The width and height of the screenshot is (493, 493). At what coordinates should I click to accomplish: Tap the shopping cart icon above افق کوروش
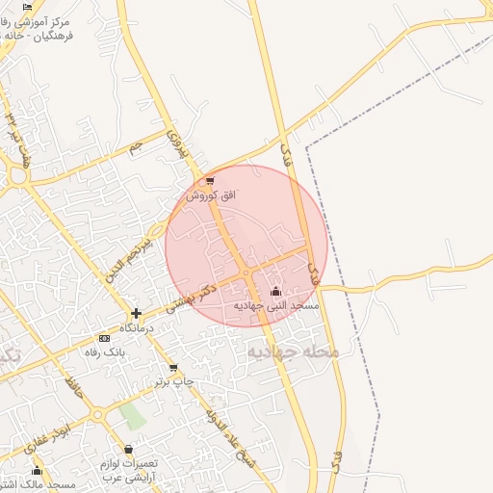[x=210, y=181]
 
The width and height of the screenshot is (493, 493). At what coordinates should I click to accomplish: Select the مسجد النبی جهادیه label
[x=278, y=304]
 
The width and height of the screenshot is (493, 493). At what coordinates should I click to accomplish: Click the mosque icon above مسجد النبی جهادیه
[x=276, y=291]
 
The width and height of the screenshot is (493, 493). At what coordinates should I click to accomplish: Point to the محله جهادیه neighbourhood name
[x=294, y=352]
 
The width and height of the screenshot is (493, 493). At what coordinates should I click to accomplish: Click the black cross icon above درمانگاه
[x=137, y=313]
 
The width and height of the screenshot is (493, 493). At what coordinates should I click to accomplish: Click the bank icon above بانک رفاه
[x=104, y=338]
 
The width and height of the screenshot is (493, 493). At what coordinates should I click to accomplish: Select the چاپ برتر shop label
[x=174, y=382]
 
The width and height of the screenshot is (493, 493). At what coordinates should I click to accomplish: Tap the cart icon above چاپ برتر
[x=172, y=368]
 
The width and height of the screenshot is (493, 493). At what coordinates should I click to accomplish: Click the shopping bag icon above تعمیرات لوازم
[x=128, y=450]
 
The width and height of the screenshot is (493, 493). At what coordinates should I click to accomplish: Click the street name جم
[x=136, y=146]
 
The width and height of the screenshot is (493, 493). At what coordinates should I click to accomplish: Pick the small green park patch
[x=133, y=416]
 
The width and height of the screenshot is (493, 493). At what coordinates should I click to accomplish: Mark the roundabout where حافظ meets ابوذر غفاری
[x=97, y=415]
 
